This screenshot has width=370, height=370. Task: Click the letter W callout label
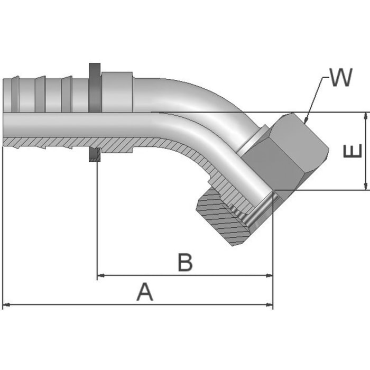340,78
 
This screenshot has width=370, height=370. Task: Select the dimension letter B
184,262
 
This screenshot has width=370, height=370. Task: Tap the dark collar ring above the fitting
95,87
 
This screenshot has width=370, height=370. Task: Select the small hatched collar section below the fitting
95,155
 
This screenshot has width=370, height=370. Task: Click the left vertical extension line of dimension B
97,222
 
